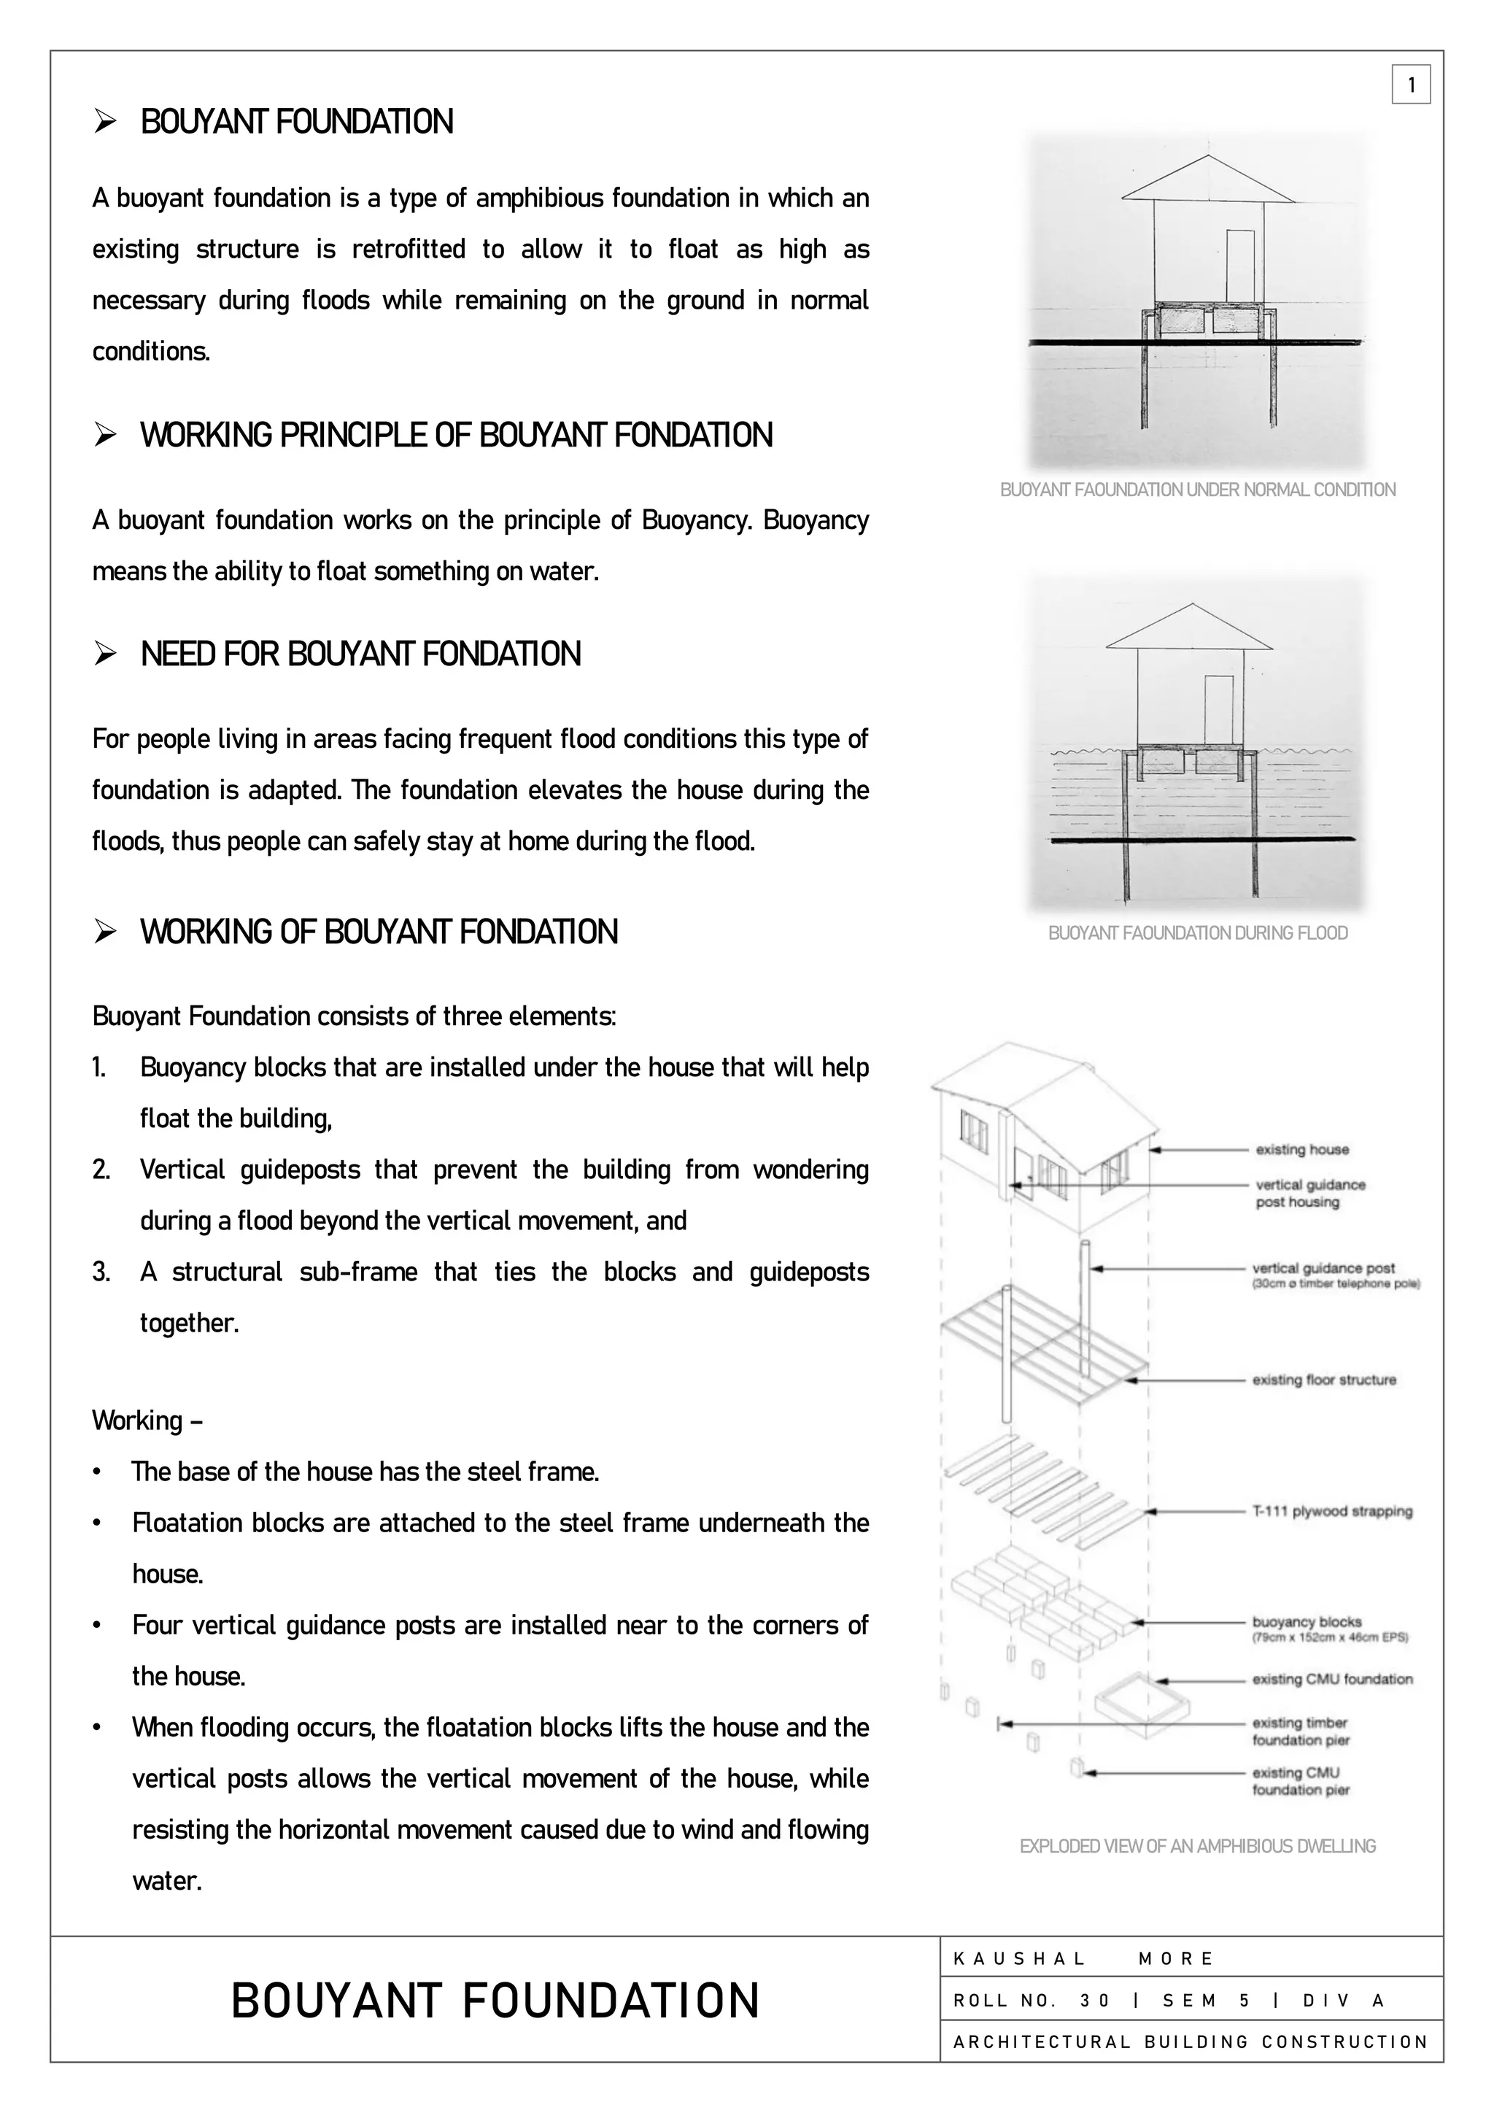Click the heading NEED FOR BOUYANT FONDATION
[360, 654]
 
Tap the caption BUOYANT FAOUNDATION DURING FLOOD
[1197, 932]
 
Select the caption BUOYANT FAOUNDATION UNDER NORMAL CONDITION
[1197, 490]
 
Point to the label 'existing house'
[1301, 1149]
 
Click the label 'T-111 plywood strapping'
[1331, 1511]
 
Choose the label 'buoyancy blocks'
[1307, 1621]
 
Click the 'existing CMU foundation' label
[1331, 1679]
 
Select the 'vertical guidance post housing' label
[1310, 1193]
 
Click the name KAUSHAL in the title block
[1019, 1958]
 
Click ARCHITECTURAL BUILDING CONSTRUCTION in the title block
[1191, 2041]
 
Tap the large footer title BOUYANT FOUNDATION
[495, 2001]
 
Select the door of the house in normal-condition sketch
[1240, 267]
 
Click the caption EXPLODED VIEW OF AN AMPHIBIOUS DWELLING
[1197, 1846]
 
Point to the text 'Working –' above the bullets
[147, 1420]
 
